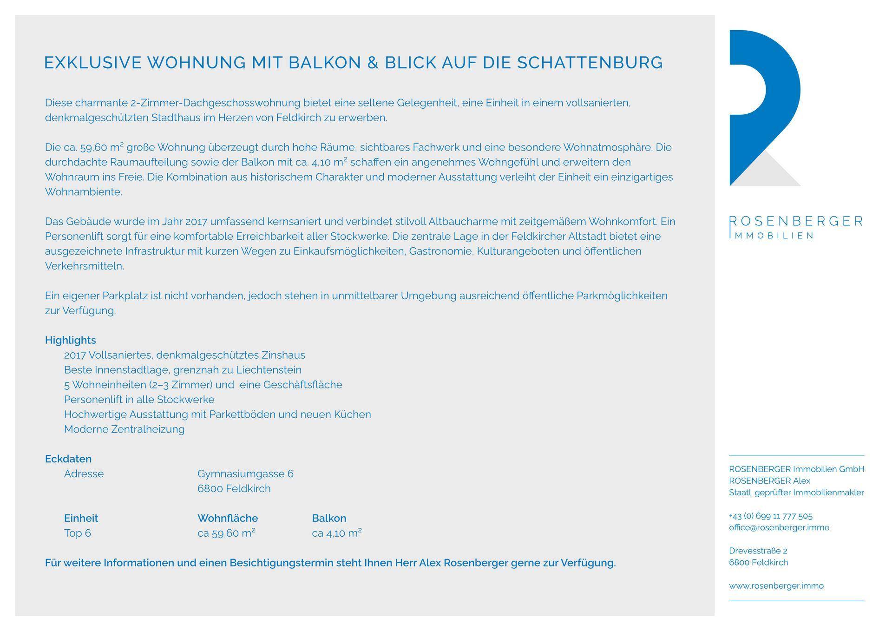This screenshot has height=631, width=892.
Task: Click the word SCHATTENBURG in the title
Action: [590, 63]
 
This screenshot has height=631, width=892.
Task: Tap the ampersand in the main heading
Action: [373, 63]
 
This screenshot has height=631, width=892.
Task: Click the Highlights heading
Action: [70, 340]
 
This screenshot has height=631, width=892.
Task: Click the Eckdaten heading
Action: [68, 459]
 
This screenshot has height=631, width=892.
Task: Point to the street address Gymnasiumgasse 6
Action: [245, 474]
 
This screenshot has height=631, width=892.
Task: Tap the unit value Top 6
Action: [78, 533]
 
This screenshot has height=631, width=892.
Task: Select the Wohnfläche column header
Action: [228, 518]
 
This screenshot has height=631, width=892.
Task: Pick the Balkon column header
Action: [329, 518]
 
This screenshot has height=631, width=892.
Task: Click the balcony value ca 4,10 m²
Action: [337, 533]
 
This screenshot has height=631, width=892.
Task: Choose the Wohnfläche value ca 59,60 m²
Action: [226, 533]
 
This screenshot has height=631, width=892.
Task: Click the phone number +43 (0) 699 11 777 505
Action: [771, 516]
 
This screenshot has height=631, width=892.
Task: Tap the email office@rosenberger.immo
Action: [779, 527]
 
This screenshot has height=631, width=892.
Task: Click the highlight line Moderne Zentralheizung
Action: [124, 429]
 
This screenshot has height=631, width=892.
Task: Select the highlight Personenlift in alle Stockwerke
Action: [139, 400]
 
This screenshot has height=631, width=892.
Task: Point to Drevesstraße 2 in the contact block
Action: [758, 551]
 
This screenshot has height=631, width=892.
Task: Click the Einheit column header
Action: [81, 518]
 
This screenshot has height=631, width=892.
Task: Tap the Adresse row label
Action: [84, 474]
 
